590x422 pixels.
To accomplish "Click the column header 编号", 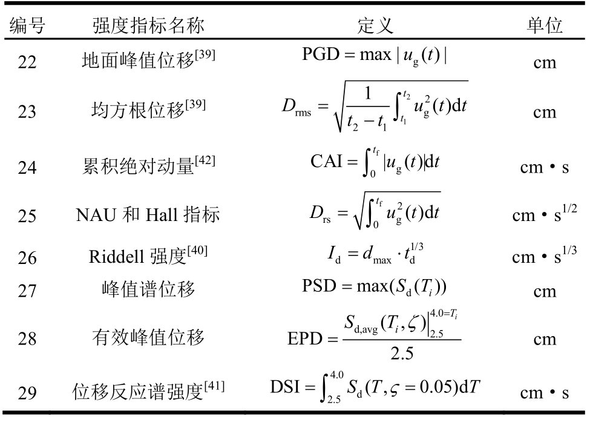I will (x=27, y=25).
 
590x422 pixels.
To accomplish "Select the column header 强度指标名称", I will (x=148, y=25).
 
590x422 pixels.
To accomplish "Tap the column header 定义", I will (x=375, y=25).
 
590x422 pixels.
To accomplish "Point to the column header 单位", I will (x=544, y=25).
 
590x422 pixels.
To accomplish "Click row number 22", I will (x=27, y=62).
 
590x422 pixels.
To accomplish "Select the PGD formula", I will (x=375, y=56).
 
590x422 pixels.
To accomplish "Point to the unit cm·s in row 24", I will (x=544, y=167).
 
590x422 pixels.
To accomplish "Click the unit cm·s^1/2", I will (x=544, y=213).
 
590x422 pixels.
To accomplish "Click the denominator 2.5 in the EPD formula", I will (x=401, y=353).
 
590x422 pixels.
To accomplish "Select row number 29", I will (x=27, y=394).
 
